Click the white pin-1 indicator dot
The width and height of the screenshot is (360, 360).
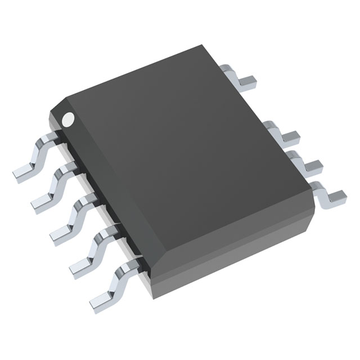(68, 119)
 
